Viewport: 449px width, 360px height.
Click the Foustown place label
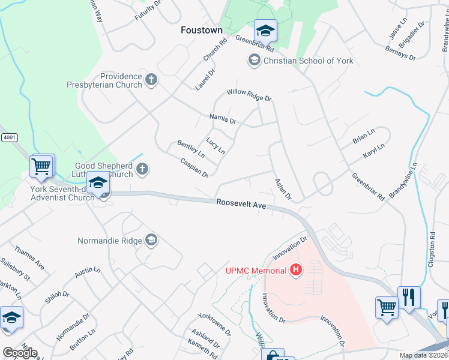pos(202,30)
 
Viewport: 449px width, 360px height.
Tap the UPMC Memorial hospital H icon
pos(295,271)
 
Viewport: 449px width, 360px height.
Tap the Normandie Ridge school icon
pos(151,241)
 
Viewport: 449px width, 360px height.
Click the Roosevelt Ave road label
pos(241,205)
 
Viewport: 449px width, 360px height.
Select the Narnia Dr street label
pos(223,118)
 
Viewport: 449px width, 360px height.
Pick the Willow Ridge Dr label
pos(249,95)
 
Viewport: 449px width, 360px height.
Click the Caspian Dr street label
pos(194,167)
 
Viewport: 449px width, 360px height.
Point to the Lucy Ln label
pos(215,146)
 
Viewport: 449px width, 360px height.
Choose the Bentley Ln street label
pos(191,149)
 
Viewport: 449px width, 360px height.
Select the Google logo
pos(20,353)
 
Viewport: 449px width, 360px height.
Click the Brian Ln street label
pos(364,137)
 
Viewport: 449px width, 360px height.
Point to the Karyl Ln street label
pos(374,151)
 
